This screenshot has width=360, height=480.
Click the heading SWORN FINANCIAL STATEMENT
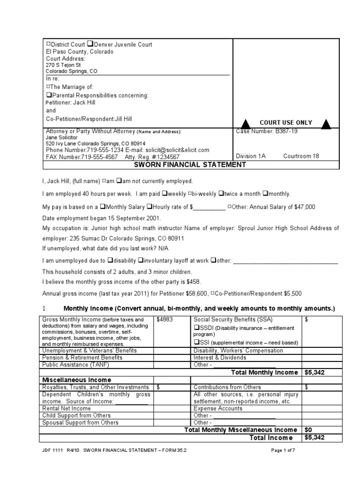190,165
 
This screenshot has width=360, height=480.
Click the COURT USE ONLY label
286,122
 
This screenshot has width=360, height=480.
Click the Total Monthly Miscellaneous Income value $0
308,429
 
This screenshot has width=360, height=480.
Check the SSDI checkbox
197,328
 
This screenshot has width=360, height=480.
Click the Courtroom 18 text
301,157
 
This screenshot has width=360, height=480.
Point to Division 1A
251,157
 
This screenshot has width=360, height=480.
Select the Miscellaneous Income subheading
77,380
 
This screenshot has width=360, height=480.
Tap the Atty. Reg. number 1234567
164,157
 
